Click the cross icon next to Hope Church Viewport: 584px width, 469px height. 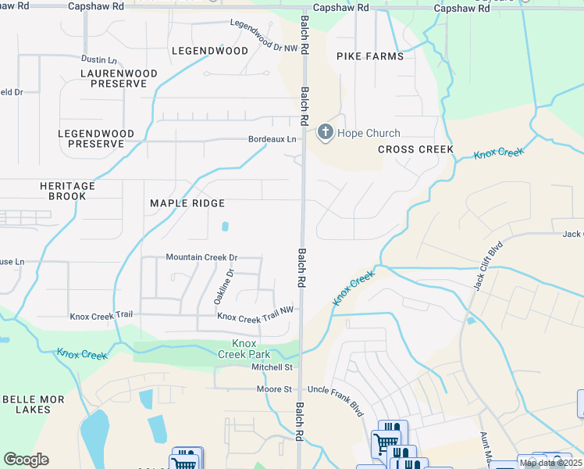pyautogui.click(x=326, y=133)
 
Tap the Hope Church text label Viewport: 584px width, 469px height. pyautogui.click(x=369, y=134)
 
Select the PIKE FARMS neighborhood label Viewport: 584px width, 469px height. pyautogui.click(x=370, y=56)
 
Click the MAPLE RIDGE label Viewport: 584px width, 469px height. pyautogui.click(x=187, y=203)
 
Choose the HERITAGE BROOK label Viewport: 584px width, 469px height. pyautogui.click(x=67, y=192)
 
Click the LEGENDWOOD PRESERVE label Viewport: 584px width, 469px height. pyautogui.click(x=95, y=139)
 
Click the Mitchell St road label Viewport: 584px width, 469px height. pyautogui.click(x=271, y=367)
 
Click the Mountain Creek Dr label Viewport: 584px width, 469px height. pyautogui.click(x=201, y=257)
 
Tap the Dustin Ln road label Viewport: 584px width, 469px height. pyautogui.click(x=98, y=59)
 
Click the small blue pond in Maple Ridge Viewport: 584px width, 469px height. pyautogui.click(x=226, y=227)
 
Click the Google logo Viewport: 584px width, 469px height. pyautogui.click(x=27, y=460)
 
